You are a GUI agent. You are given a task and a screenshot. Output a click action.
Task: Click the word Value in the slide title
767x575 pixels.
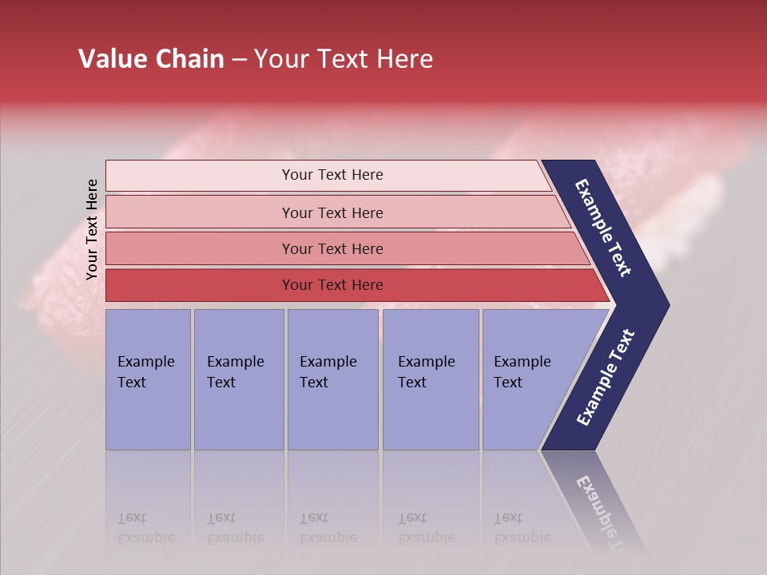(110, 59)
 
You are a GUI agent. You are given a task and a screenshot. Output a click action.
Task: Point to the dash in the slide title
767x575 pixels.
(239, 60)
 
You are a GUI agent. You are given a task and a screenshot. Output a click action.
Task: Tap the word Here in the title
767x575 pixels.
(404, 59)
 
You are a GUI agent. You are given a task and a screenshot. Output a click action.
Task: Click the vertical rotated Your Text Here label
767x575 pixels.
(92, 229)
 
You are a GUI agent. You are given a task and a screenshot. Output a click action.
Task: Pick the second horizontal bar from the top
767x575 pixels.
(332, 212)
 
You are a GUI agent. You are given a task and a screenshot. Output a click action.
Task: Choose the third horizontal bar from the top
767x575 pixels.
(332, 248)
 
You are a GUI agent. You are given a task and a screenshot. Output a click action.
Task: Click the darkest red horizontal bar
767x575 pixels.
(332, 285)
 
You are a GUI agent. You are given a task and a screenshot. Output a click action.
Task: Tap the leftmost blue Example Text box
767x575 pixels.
(148, 379)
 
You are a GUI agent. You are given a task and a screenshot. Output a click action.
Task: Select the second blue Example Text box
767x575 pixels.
(239, 379)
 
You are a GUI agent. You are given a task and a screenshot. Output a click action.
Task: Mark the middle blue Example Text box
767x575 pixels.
(332, 379)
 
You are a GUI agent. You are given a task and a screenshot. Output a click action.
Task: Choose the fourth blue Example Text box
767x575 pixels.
(431, 379)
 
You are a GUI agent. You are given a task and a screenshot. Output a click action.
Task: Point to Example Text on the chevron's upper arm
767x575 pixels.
(603, 228)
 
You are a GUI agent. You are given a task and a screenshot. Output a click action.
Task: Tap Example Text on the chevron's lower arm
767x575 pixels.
(605, 378)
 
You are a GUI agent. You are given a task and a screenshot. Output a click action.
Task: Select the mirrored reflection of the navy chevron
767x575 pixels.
(595, 499)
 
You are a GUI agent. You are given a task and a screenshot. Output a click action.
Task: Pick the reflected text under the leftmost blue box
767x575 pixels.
(146, 528)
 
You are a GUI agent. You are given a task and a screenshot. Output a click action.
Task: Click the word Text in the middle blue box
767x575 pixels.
(314, 383)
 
